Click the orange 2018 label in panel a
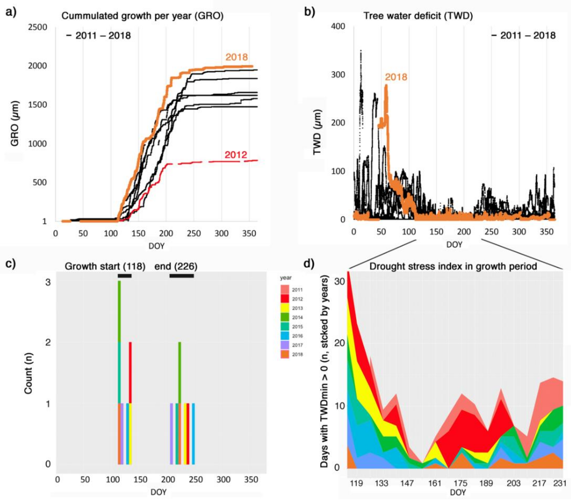(x=237, y=57)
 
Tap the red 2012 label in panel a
(x=236, y=155)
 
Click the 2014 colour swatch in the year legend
(x=285, y=317)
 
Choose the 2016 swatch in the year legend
(x=285, y=336)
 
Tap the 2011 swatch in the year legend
(x=285, y=290)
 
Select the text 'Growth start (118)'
(x=105, y=266)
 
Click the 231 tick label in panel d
(x=560, y=483)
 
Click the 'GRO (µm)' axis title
(x=14, y=123)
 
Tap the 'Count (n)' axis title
(x=28, y=373)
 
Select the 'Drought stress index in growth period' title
(x=453, y=266)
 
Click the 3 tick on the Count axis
(x=48, y=282)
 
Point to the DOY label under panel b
(x=454, y=245)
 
